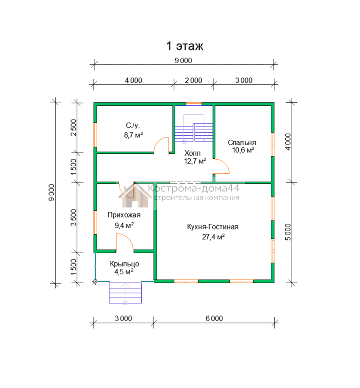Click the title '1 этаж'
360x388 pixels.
click(185, 46)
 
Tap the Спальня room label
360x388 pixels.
click(242, 142)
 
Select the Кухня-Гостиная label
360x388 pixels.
click(213, 227)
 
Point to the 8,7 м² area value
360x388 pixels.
click(134, 135)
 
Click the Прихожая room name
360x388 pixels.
click(124, 215)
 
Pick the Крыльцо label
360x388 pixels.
click(124, 264)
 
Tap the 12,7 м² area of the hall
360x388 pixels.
click(195, 161)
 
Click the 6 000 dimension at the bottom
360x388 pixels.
click(214, 318)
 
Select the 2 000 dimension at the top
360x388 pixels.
click(194, 81)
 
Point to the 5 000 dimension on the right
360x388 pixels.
click(288, 232)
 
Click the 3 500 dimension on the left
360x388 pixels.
click(74, 217)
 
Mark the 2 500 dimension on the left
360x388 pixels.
click(74, 127)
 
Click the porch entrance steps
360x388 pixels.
click(125, 293)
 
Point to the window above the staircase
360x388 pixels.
click(194, 104)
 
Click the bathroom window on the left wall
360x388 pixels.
click(95, 135)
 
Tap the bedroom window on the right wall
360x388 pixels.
click(273, 144)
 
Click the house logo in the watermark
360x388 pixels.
click(135, 195)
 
